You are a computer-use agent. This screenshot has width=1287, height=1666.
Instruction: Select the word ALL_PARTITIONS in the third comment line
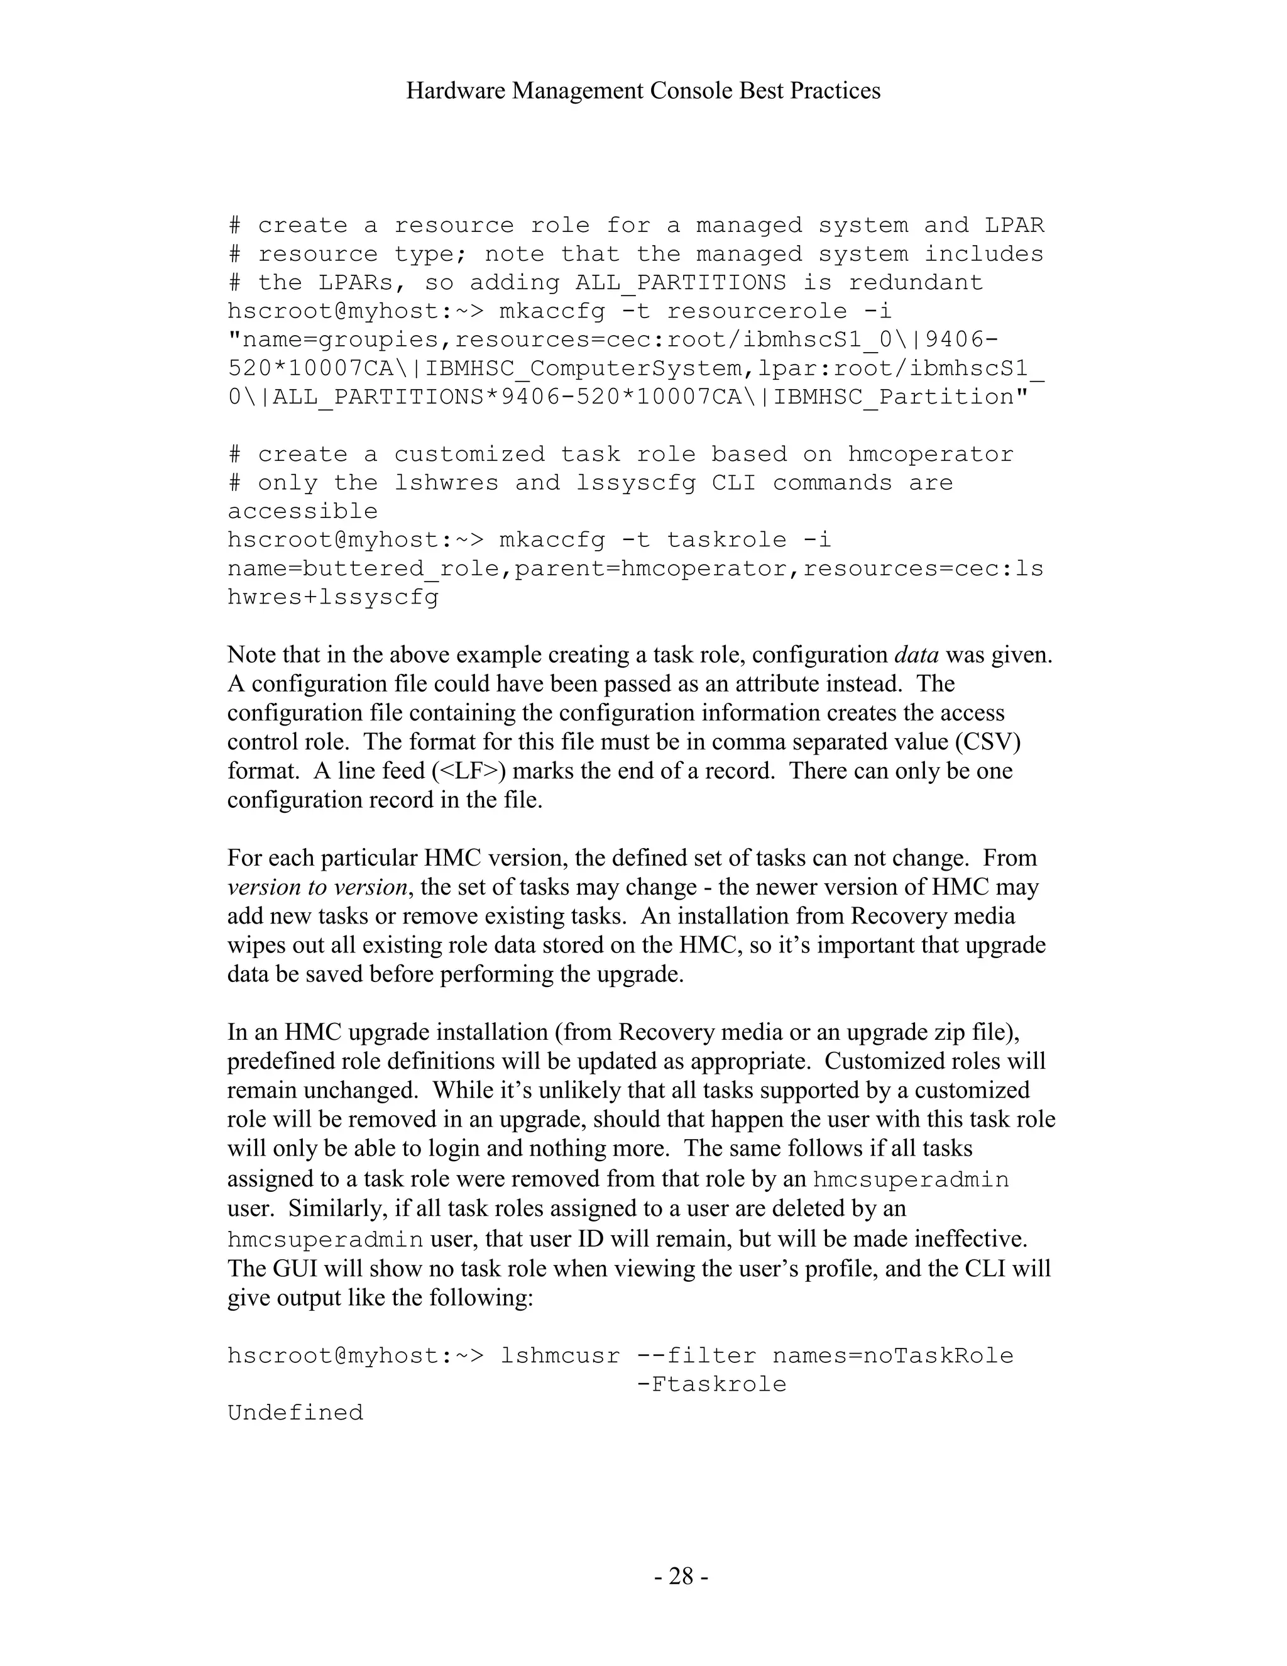680,283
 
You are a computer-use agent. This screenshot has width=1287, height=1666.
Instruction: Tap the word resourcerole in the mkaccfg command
757,311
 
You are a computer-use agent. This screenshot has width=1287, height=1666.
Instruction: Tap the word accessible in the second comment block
303,511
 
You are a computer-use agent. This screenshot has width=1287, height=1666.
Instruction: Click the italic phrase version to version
317,887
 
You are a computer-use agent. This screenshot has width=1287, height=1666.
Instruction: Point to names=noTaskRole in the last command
893,1355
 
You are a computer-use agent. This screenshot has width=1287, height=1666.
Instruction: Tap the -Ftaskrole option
711,1384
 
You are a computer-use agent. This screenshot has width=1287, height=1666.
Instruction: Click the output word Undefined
295,1413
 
